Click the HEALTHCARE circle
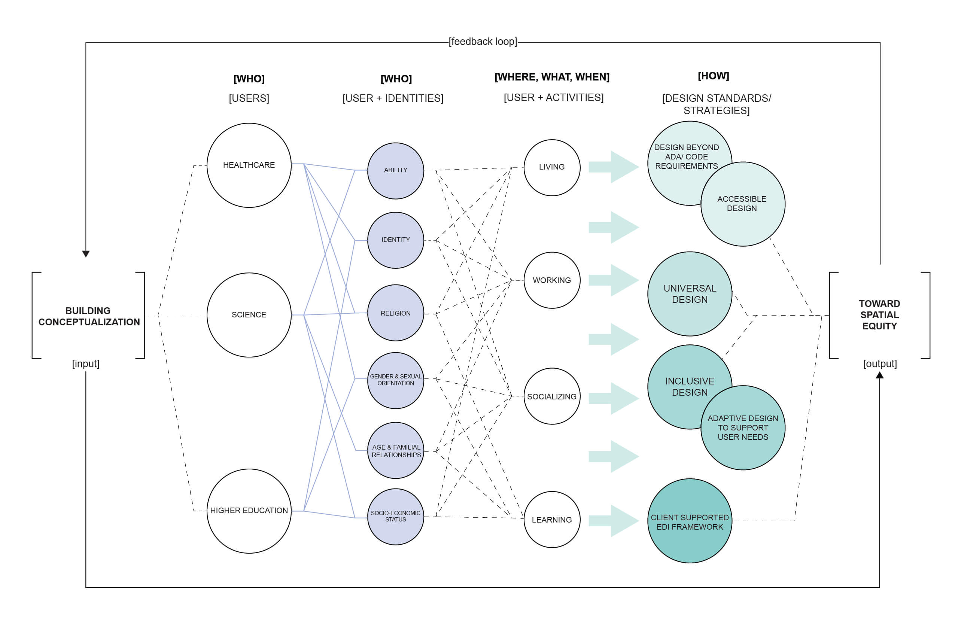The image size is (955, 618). coord(249,165)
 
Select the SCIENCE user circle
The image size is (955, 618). coord(249,315)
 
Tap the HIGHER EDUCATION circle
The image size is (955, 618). coord(249,511)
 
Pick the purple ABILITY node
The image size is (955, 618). coord(395,170)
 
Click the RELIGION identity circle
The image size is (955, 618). coord(395,313)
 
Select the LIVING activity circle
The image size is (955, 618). coord(552,167)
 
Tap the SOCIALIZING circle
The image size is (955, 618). coord(552,396)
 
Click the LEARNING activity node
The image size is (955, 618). coord(552,520)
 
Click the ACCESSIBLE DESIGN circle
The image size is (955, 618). coord(742,204)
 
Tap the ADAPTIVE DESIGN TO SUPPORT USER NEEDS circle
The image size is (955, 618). coord(742,428)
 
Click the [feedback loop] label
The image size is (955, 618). coord(483,41)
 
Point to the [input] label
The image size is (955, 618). coord(85,363)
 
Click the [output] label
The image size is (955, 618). coord(879,363)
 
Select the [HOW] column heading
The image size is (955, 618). coord(713,76)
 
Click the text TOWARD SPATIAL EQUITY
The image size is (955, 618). coord(879,315)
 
